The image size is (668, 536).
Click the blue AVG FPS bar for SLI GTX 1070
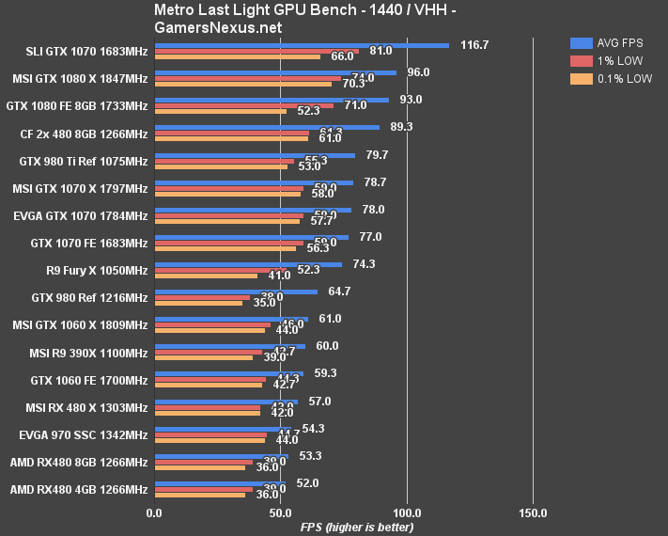point(301,44)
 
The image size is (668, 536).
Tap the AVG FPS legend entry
point(611,42)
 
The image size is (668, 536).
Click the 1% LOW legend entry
point(611,61)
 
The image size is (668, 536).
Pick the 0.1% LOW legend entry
point(611,80)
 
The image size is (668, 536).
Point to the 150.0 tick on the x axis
point(533,512)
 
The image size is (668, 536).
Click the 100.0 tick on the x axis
point(407,512)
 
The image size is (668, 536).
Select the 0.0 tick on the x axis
point(154,512)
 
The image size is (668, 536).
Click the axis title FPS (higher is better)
point(356,527)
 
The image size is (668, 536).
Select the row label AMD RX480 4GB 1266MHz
point(79,490)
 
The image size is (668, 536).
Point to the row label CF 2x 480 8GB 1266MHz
point(84,134)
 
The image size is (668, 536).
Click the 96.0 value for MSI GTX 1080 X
point(418,72)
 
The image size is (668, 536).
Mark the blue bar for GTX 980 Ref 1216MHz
point(236,292)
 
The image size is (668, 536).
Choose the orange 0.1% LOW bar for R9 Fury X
point(206,276)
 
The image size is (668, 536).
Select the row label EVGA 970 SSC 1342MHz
point(84,435)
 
